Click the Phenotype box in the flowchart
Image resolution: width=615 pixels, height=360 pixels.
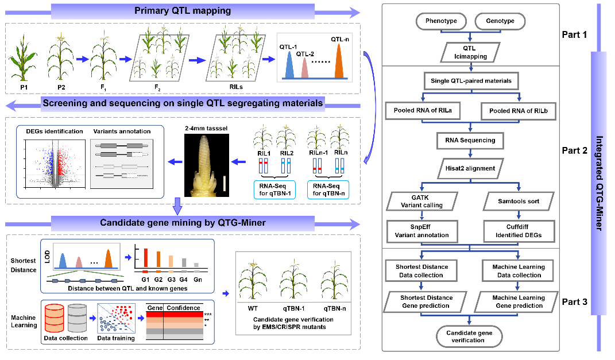(441, 22)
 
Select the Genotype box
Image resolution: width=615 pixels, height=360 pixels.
(500, 22)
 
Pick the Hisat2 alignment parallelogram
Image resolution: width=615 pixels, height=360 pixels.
(470, 168)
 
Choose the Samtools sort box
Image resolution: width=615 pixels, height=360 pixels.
(519, 201)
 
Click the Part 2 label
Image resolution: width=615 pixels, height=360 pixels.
(574, 151)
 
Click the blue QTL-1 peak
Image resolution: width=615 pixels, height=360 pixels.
(290, 65)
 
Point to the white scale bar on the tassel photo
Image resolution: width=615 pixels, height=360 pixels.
(225, 185)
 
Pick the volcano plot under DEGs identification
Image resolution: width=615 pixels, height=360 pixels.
(53, 164)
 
